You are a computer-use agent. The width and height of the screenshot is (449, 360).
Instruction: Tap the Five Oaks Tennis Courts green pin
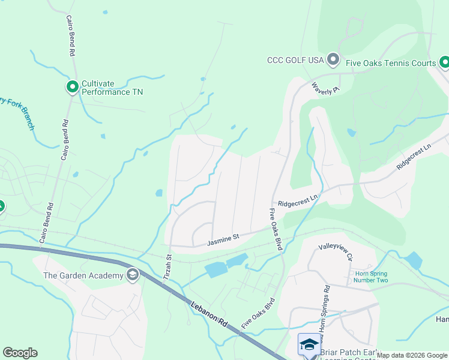pyautogui.click(x=444, y=61)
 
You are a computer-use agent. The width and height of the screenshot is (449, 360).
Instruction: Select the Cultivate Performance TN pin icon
pyautogui.click(x=73, y=88)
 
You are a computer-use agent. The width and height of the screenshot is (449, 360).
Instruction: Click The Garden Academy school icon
pyautogui.click(x=133, y=275)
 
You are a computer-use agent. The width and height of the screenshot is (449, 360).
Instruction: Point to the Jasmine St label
pyautogui.click(x=223, y=240)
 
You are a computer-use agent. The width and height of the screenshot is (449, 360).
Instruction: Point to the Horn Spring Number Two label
pyautogui.click(x=368, y=277)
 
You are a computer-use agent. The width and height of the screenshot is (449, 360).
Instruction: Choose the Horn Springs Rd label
pyautogui.click(x=322, y=306)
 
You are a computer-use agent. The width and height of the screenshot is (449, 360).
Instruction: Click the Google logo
pyautogui.click(x=20, y=353)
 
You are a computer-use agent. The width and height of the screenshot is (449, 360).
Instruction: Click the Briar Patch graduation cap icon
pyautogui.click(x=309, y=344)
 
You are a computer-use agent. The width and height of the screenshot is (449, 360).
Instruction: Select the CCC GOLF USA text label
pyautogui.click(x=296, y=60)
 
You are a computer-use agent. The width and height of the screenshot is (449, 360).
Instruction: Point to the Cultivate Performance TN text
pyautogui.click(x=112, y=88)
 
